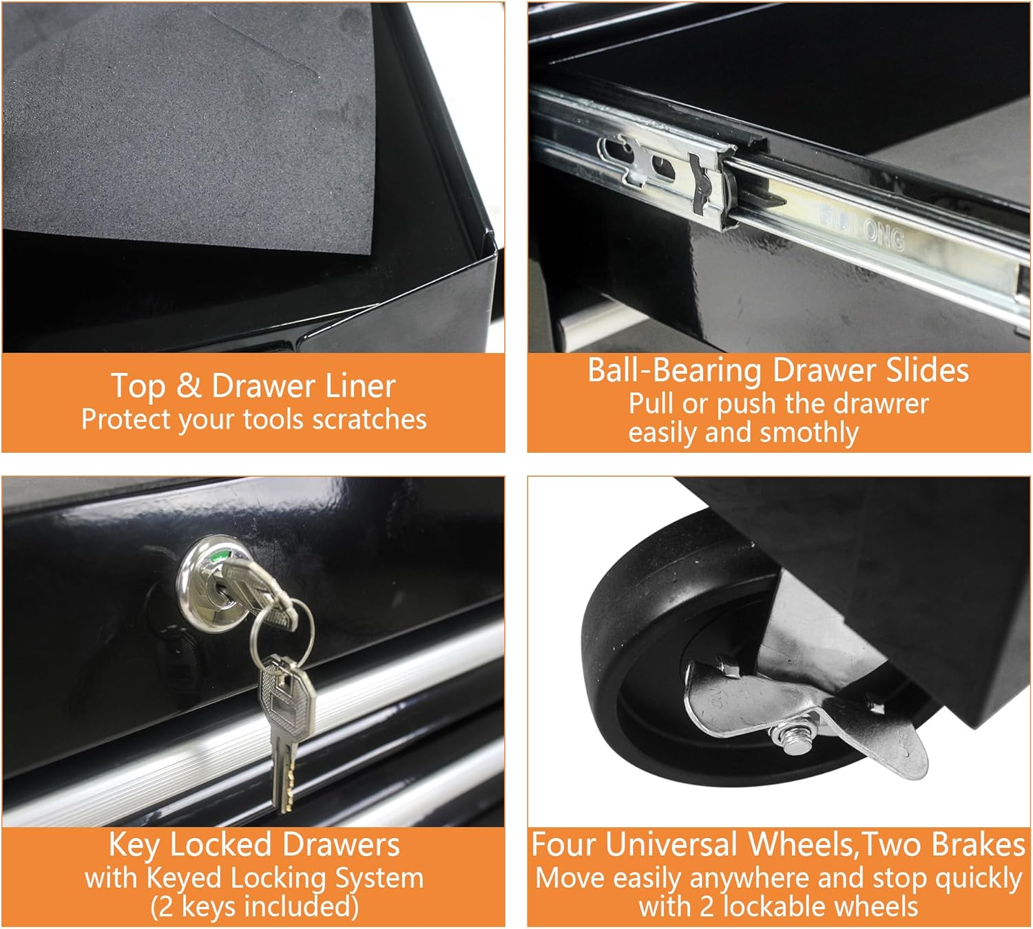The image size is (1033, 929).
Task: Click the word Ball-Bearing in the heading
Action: click(675, 372)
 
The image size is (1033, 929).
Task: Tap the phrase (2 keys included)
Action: click(254, 906)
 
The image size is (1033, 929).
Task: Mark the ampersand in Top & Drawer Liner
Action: click(189, 386)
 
